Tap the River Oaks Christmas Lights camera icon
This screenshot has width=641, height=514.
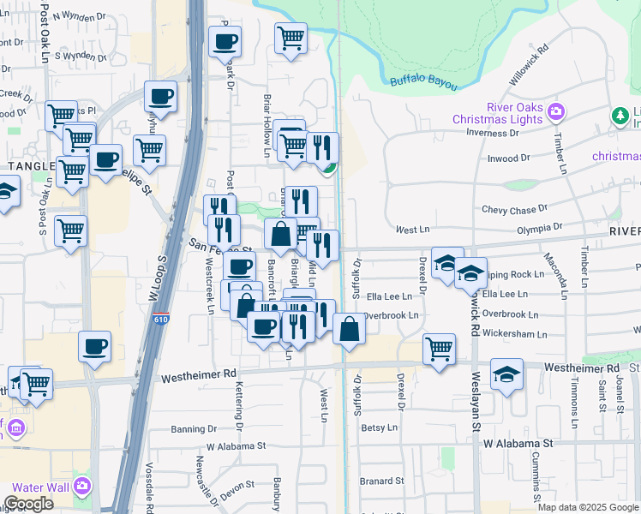tap(556, 111)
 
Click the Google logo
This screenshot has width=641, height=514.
tap(28, 504)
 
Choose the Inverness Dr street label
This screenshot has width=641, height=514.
tap(494, 133)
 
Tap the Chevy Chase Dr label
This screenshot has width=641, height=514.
tap(514, 209)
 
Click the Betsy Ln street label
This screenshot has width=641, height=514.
tap(380, 427)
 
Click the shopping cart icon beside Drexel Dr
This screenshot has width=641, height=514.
tap(439, 349)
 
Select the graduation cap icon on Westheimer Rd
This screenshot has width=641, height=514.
tap(506, 374)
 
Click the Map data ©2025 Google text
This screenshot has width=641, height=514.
tap(588, 507)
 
